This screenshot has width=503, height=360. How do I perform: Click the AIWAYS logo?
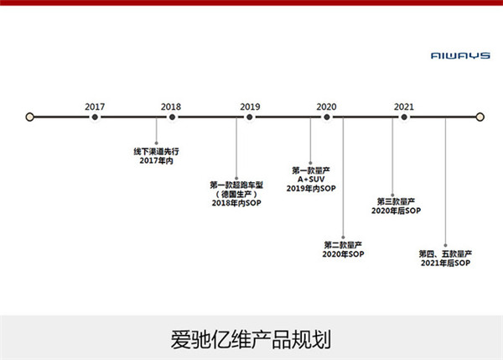[460, 56]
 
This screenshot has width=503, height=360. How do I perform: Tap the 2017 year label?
[95, 107]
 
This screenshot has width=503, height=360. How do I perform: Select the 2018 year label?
[171, 107]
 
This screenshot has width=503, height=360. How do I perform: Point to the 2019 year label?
[250, 107]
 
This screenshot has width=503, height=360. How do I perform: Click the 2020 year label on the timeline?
[327, 107]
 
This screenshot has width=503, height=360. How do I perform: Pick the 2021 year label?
[404, 107]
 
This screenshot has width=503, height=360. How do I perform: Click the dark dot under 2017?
[95, 117]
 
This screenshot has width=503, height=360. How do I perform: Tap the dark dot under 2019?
[250, 117]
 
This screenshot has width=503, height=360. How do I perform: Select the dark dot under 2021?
[404, 117]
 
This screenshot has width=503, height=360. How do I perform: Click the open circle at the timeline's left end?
[30, 117]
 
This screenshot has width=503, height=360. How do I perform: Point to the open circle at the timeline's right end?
[480, 117]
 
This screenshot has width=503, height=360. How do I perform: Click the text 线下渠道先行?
[156, 151]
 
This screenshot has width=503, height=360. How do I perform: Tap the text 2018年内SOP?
[236, 203]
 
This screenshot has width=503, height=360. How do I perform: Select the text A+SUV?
[311, 180]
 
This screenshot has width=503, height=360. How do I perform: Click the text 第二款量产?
[343, 245]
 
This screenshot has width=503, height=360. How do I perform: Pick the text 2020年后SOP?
[397, 211]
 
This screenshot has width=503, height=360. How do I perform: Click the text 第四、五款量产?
[446, 254]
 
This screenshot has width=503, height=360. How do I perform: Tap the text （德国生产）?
[236, 194]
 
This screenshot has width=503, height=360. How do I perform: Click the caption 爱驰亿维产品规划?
[251, 340]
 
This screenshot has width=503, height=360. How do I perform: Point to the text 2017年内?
[156, 160]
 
